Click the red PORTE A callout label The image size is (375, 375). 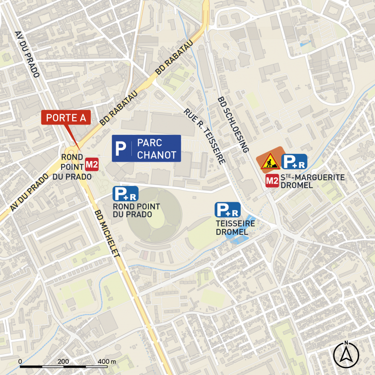click(66, 118)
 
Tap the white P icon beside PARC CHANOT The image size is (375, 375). click(120, 148)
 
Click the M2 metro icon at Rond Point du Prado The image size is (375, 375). click(92, 164)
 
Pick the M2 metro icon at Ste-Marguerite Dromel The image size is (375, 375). click(272, 182)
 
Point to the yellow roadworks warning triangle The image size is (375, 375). click(269, 161)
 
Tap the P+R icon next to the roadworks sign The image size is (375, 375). click(294, 162)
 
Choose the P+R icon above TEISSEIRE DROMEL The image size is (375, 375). click(228, 210)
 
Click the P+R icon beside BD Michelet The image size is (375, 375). click(125, 194)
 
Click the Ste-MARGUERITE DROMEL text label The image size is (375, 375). click(313, 181)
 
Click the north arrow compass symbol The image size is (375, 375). click(346, 354)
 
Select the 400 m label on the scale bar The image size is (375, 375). click(106, 361)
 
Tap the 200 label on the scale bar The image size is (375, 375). click(63, 361)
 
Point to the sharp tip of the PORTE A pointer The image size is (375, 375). click(79, 149)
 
